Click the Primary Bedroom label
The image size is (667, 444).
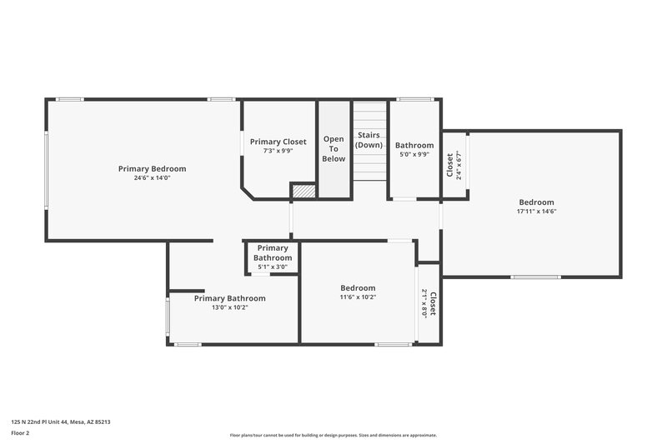152,168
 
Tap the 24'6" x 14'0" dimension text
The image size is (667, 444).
152,177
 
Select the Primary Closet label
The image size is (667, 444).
278,142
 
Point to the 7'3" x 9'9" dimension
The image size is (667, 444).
278,151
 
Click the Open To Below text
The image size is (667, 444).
333,148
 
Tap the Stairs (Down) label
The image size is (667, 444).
369,140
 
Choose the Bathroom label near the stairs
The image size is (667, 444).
414,145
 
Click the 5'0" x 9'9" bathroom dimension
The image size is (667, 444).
414,154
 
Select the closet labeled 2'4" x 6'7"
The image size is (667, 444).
454,165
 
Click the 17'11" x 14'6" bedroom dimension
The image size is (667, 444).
536,212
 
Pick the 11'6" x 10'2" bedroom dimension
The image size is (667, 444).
358,297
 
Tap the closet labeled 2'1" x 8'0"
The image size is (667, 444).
429,301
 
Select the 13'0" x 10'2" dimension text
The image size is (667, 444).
229,307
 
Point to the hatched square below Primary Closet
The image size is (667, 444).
303,191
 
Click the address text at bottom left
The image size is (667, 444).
61,422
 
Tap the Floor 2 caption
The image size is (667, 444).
21,433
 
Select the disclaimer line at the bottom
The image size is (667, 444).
333,435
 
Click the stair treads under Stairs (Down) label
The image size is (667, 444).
369,167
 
